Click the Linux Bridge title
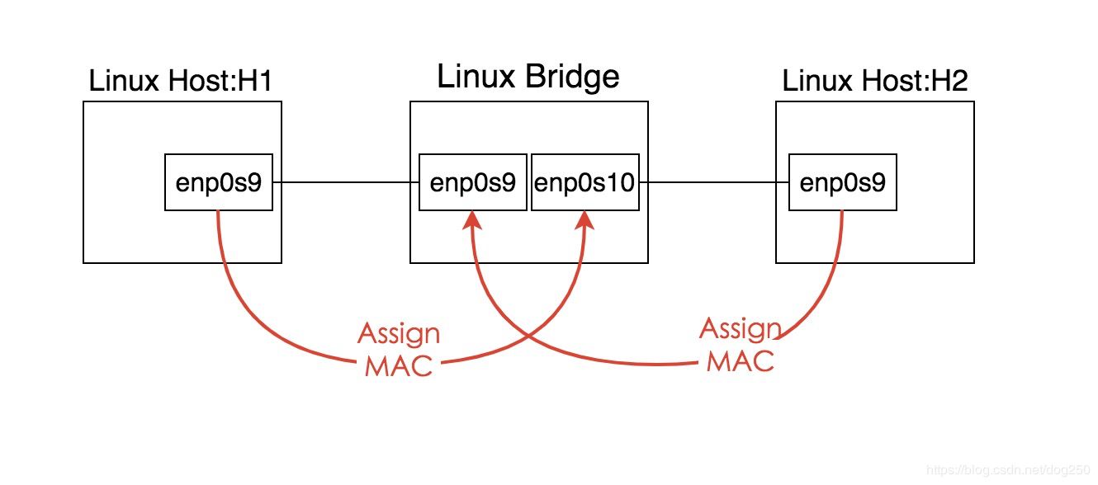click(528, 77)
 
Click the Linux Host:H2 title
click(875, 81)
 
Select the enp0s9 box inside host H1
click(219, 182)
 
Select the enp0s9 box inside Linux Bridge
click(473, 182)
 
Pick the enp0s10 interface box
click(585, 182)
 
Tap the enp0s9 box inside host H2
click(843, 182)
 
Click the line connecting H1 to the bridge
click(346, 182)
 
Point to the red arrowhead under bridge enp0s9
click(472, 219)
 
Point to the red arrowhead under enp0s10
click(585, 219)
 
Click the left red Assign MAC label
click(399, 349)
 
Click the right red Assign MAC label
click(741, 344)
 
